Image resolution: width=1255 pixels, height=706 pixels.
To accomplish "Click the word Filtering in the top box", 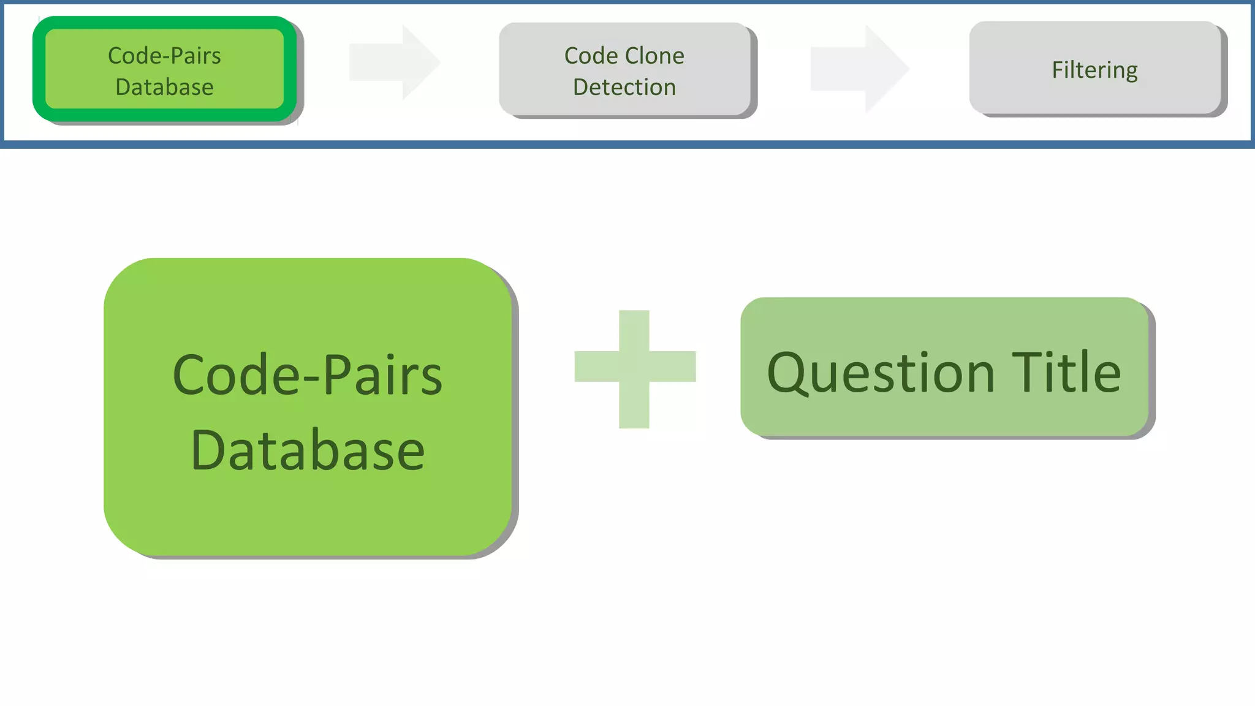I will (x=1094, y=70).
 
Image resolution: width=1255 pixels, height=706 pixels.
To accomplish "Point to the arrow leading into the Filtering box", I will (x=859, y=69).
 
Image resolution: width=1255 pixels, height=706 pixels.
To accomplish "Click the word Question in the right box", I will (x=881, y=373).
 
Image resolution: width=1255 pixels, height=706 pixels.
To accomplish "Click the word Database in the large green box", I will (x=308, y=450).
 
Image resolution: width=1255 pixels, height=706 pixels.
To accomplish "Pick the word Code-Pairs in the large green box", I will (x=308, y=375).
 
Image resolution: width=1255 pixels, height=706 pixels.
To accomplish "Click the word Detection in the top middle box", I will (x=624, y=87).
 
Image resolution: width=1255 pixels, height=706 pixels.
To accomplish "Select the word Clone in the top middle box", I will (x=654, y=56).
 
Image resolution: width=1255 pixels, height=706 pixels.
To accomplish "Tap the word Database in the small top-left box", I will (x=164, y=87).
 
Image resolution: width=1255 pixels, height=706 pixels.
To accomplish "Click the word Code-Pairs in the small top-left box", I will (x=164, y=56).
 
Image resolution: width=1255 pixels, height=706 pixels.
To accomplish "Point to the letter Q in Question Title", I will (x=790, y=373).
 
